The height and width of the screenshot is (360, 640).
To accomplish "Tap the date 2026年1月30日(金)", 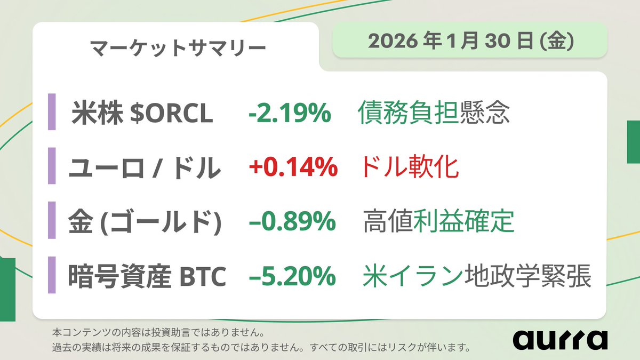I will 469,41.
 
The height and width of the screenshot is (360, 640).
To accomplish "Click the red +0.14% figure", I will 293,168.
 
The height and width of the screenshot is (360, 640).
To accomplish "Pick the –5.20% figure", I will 292,277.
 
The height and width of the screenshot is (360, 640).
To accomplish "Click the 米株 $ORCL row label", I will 142,114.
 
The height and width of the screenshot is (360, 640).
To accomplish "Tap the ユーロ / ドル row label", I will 145,168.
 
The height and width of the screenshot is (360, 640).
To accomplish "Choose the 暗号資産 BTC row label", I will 147,277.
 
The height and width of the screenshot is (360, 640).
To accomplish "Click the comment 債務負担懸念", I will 434,114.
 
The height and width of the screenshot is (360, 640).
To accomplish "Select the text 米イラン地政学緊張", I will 477,277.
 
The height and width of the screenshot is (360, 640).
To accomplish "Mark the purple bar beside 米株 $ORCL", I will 52,111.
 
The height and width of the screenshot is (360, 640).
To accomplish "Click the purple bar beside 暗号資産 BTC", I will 52,275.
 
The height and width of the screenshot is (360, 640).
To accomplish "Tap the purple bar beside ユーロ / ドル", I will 52,166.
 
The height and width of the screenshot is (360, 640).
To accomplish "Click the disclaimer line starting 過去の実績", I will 261,348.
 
